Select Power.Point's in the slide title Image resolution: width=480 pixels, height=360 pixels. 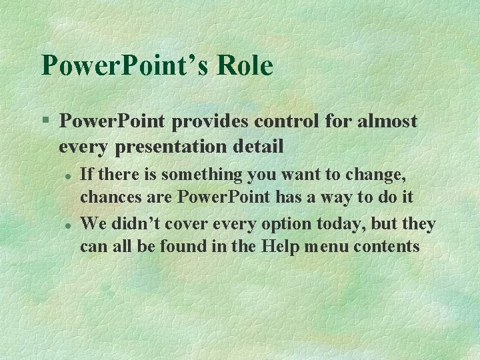(x=123, y=66)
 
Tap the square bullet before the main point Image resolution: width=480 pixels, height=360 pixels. (x=45, y=121)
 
